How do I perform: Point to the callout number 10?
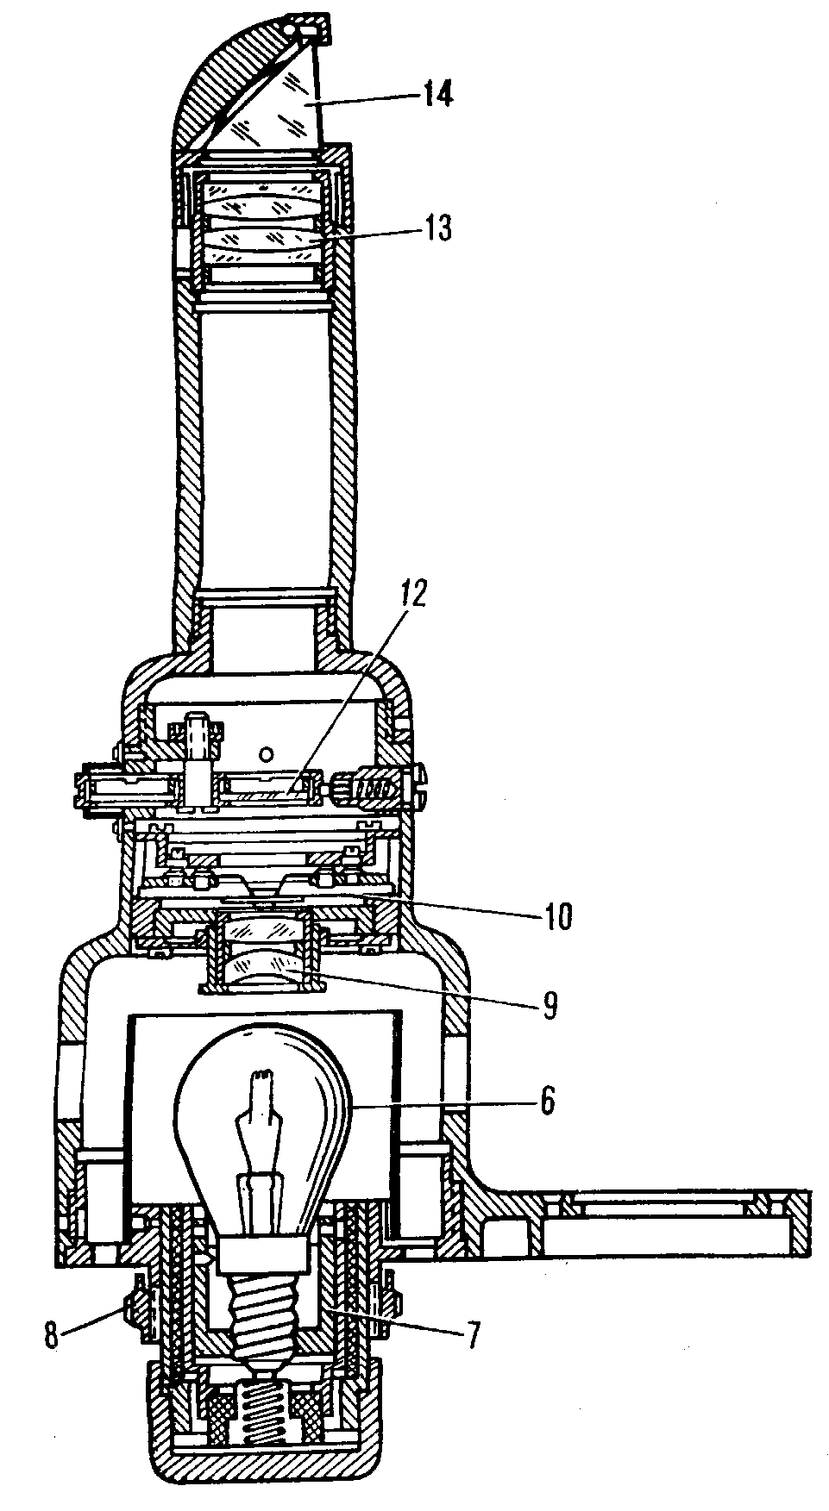coord(556,917)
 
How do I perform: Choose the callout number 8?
coord(53,1337)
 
